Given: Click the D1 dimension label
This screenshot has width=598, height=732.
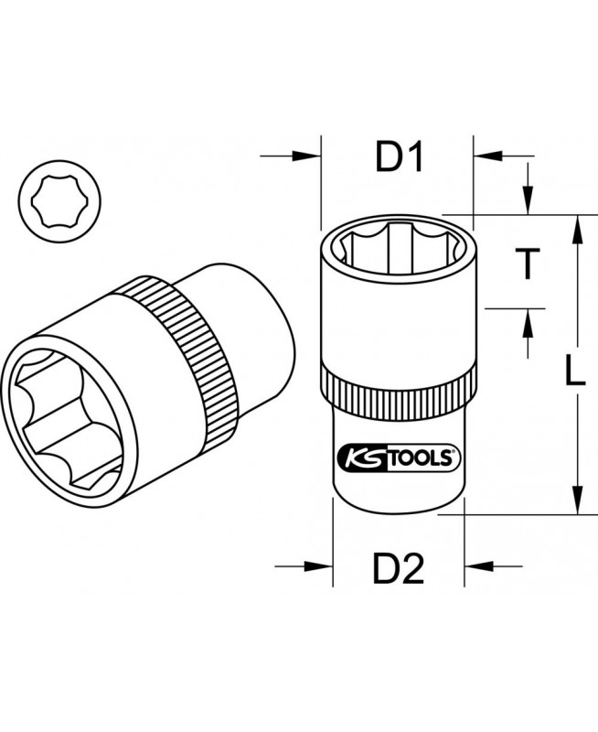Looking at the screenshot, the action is pos(400,156).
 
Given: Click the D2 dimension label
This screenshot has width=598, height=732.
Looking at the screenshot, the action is pos(399,567).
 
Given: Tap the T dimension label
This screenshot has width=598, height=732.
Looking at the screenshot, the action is pos(528,264).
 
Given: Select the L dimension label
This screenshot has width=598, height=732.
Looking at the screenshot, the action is pos(574,370).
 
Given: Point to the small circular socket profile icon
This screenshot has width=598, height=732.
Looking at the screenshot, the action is pos(60,201).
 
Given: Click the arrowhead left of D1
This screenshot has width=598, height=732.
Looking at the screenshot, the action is pos(307,156).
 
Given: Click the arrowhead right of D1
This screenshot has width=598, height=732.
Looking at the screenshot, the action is pos(487,156).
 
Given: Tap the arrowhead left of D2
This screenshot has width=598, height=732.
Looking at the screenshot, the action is pos(318,566).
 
